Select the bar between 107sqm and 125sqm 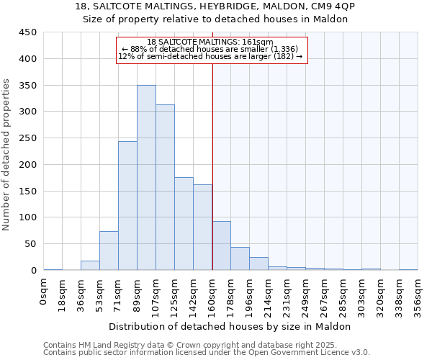165,187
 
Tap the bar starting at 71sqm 127,206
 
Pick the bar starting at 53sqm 109,251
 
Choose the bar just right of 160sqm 221,246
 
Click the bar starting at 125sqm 184,224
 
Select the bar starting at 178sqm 240,258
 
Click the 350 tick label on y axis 28,85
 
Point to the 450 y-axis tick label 28,32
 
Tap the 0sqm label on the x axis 44,292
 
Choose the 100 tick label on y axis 28,217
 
